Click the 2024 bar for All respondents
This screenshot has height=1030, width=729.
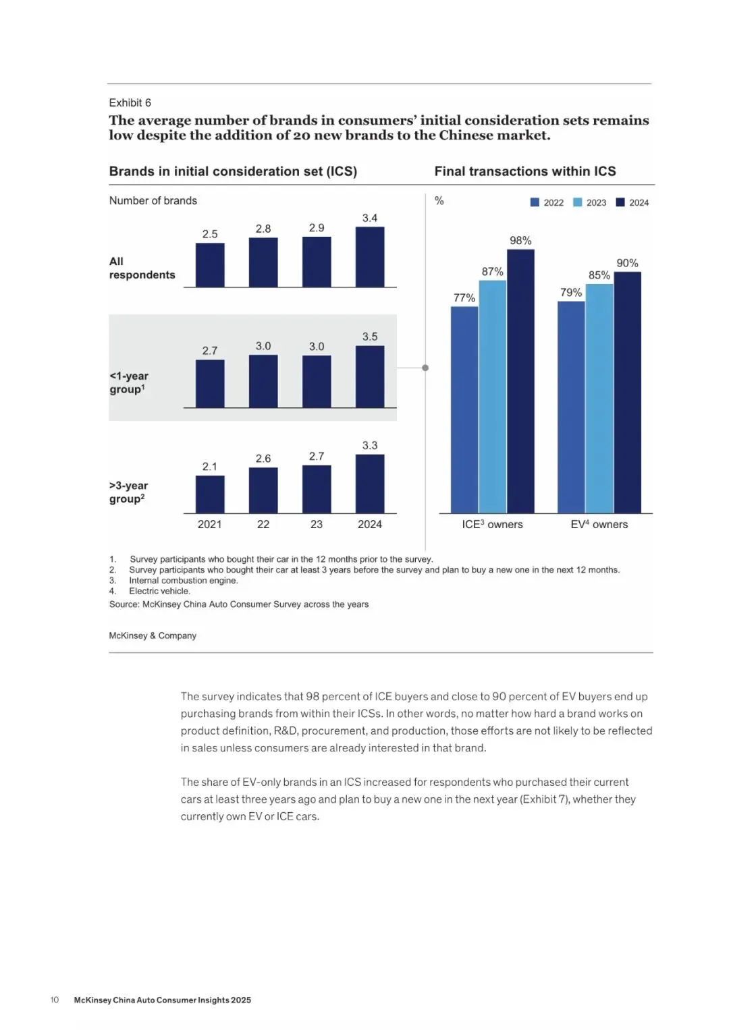[x=370, y=257]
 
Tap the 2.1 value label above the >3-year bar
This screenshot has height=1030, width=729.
[x=210, y=466]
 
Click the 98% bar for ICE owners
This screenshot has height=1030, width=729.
[x=520, y=381]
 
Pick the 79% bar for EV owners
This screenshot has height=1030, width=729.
[x=571, y=407]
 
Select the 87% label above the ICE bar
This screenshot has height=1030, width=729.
[x=492, y=271]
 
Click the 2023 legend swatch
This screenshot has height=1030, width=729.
[x=577, y=202]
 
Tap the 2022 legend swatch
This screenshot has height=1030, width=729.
[x=535, y=202]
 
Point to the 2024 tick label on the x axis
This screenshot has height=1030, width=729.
[x=370, y=524]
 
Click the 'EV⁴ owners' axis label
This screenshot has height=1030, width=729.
[x=599, y=524]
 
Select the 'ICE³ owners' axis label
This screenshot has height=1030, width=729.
[x=492, y=524]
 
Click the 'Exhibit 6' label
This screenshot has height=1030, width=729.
[x=130, y=103]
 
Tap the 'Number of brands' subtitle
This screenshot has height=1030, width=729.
[x=153, y=200]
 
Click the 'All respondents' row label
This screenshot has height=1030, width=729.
[x=142, y=268]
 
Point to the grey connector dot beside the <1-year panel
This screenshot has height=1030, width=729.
[x=425, y=368]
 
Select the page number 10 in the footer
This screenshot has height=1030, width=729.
[x=55, y=1000]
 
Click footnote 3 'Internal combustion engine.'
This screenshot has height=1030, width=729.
[x=183, y=580]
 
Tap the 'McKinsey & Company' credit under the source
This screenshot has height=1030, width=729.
[x=153, y=635]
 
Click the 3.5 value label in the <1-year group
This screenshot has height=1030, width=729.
[x=370, y=336]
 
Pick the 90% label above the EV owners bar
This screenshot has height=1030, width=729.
[x=627, y=262]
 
